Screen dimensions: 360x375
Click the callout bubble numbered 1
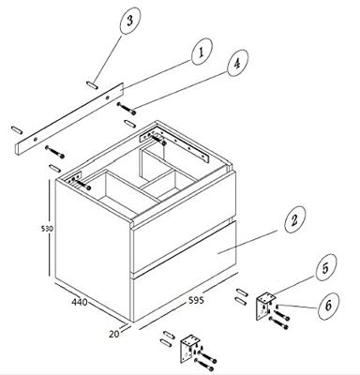(202, 52)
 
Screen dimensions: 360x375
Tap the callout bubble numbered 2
(294, 219)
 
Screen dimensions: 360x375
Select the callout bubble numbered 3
(130, 21)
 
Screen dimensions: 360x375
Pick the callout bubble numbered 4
(237, 63)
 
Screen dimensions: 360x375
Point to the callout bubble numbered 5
(326, 267)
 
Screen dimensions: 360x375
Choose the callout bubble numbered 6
(328, 306)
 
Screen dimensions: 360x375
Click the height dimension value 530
(48, 229)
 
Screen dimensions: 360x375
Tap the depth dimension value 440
(80, 302)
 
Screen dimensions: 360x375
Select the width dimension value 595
(196, 300)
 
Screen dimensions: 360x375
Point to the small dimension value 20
(114, 334)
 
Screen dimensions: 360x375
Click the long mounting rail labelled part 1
(69, 118)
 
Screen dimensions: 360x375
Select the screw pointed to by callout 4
(127, 108)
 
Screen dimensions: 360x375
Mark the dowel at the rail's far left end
(17, 129)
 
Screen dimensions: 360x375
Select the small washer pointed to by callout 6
(277, 306)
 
